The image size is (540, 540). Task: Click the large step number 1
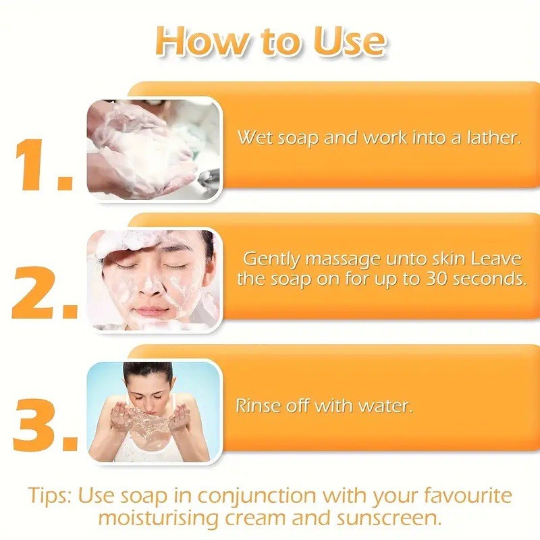pos(43,165)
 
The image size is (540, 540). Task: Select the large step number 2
pos(45,293)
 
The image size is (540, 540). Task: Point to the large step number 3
pos(45,425)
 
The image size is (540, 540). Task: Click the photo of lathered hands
pos(153,149)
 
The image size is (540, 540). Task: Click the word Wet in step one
pos(256,138)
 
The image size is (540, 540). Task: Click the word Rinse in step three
pos(258,406)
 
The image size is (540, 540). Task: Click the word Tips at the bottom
pos(50,496)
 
